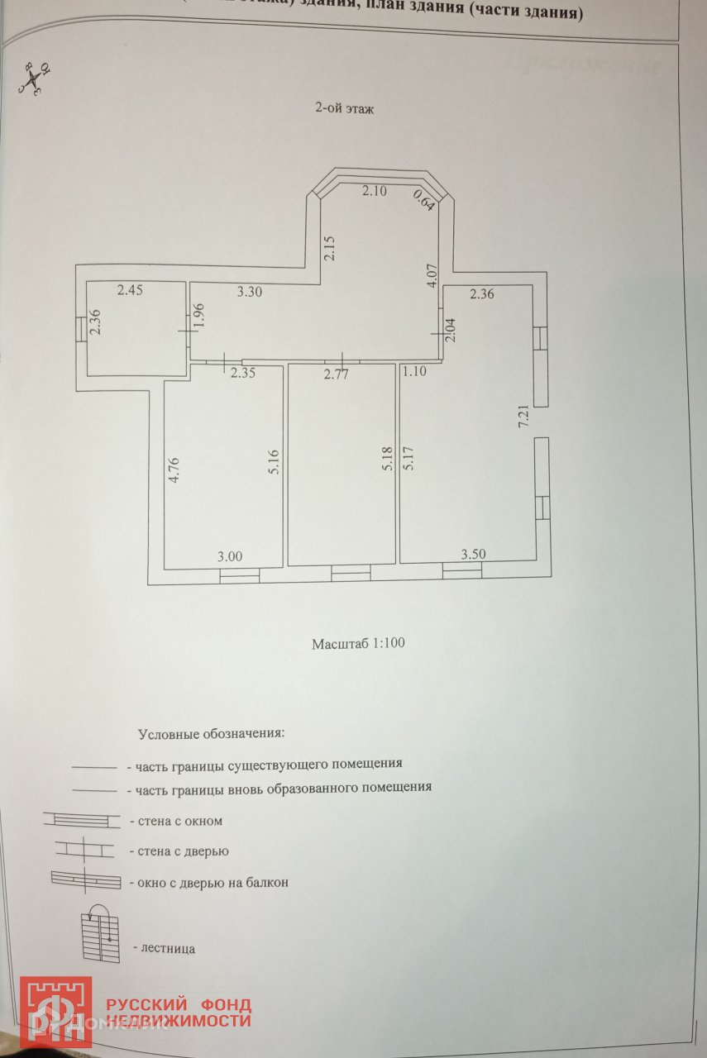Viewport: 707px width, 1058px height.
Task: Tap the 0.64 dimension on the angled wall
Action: (x=423, y=201)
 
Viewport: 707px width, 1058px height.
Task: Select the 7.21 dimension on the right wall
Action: (x=523, y=416)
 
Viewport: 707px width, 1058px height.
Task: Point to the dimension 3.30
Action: (x=251, y=292)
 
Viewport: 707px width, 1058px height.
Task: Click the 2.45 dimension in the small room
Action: (x=131, y=290)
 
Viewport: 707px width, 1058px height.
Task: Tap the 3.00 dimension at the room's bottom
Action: (x=230, y=557)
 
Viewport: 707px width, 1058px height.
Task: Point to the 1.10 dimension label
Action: (x=414, y=372)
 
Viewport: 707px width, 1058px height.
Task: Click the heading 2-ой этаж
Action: (x=346, y=108)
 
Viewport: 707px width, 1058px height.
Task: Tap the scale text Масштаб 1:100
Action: (x=358, y=643)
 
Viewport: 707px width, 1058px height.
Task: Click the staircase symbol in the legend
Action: (x=98, y=935)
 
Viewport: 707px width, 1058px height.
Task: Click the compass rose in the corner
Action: (x=33, y=79)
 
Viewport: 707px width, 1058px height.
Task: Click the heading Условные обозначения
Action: (x=211, y=733)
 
